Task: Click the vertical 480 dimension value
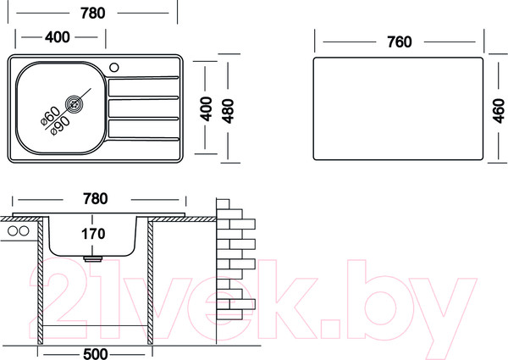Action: pos(227,109)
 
